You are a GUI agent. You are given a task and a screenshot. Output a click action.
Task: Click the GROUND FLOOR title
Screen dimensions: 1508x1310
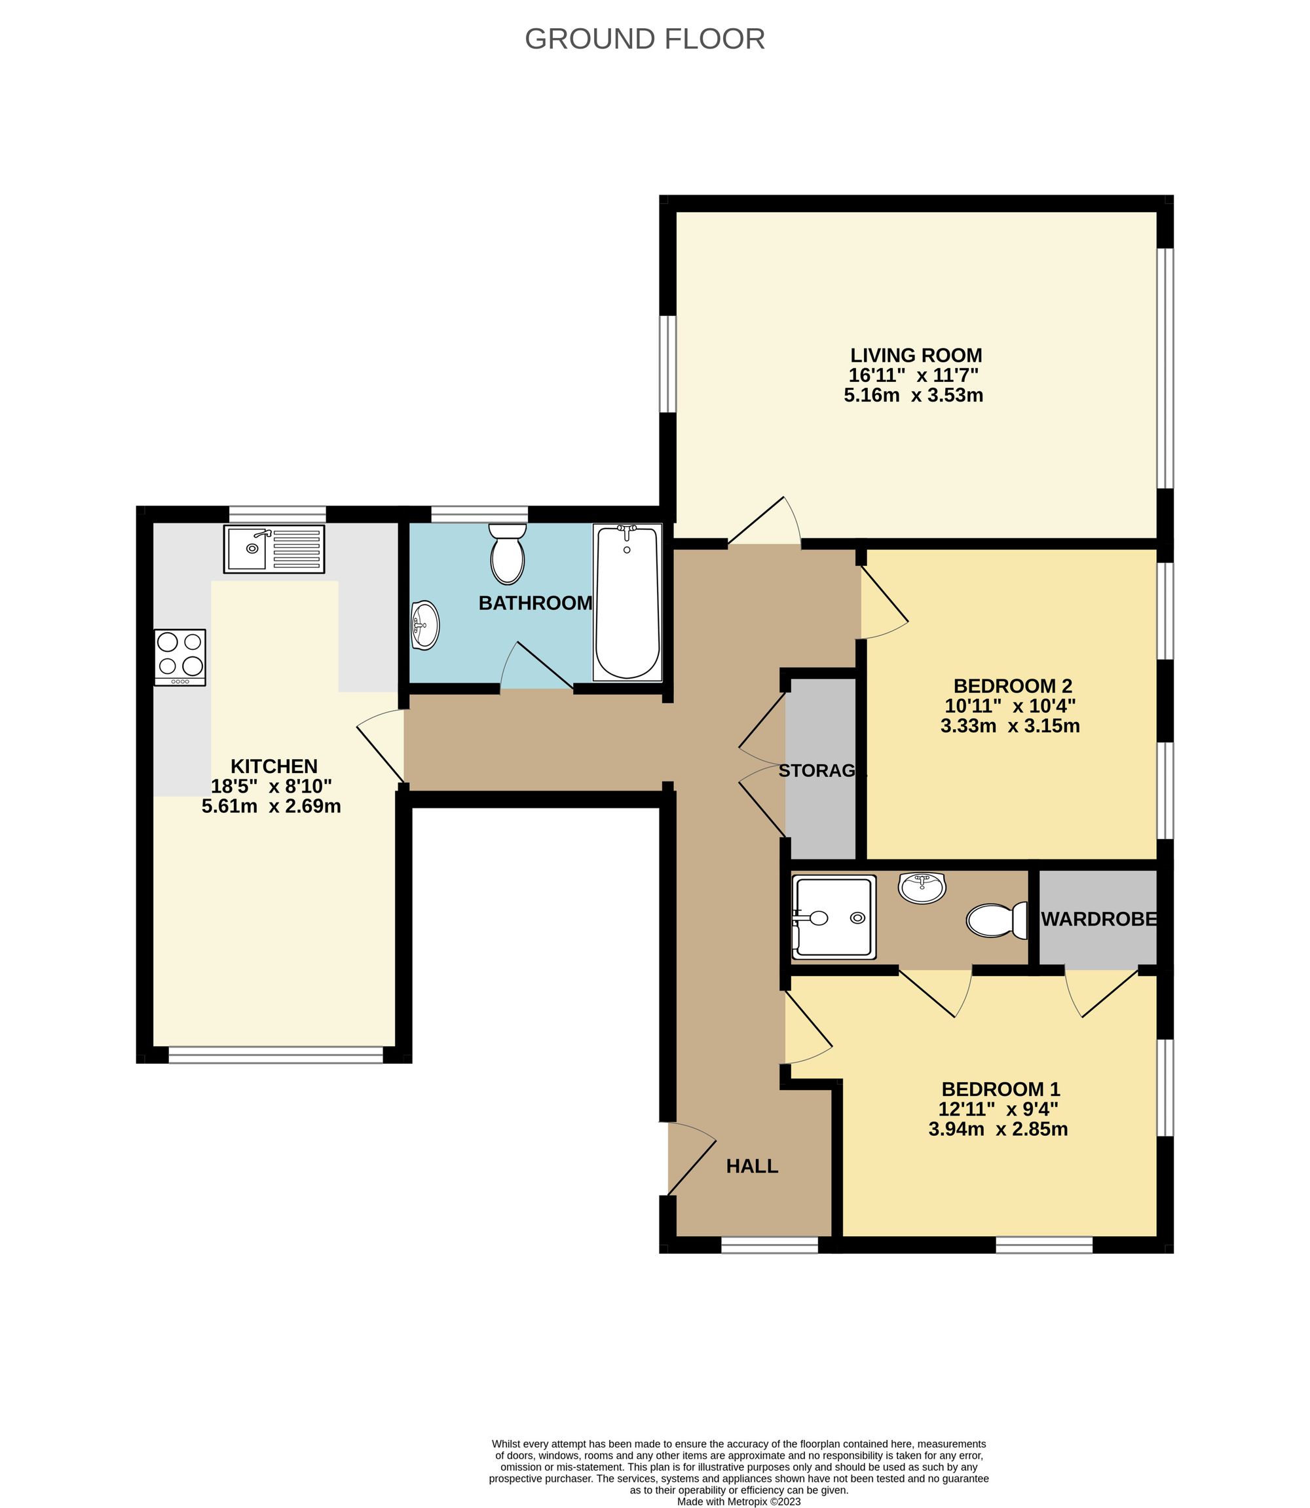[x=644, y=39]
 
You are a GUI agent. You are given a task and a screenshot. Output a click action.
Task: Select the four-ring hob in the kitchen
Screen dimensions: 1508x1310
[x=180, y=656]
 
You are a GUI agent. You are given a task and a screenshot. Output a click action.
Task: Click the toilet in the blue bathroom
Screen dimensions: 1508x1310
[x=508, y=555]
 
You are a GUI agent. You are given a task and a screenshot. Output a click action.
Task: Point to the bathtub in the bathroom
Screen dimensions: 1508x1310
[x=628, y=601]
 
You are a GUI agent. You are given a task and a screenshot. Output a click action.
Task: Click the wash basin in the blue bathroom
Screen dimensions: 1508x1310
[x=424, y=624]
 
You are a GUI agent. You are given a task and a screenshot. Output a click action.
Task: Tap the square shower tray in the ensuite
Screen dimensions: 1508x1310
[x=833, y=916]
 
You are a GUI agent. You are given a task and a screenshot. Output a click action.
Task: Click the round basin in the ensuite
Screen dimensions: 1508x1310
[x=922, y=888]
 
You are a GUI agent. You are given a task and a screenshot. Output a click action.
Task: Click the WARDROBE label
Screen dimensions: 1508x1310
[x=1098, y=920]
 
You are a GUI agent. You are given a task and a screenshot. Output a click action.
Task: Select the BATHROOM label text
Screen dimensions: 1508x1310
[x=535, y=603]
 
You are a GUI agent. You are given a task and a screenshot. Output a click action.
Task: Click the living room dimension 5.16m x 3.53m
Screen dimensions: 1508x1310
[x=913, y=396]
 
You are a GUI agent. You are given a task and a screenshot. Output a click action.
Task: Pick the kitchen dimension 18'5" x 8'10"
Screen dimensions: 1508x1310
[x=271, y=787]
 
